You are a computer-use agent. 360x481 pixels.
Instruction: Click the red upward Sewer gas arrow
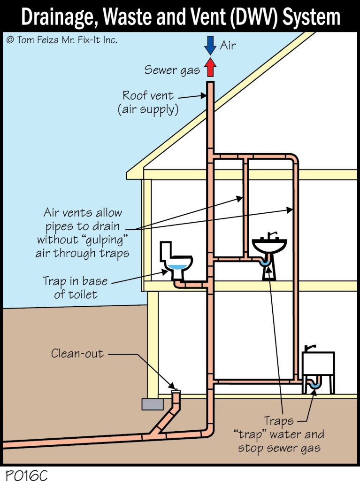coord(210,68)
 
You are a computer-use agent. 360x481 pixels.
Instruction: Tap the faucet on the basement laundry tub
coord(309,347)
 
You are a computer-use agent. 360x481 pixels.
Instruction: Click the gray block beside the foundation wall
coord(152,404)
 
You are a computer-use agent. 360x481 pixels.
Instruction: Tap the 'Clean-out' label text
coord(77,353)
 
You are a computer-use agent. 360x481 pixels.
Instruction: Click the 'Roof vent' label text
coord(148,96)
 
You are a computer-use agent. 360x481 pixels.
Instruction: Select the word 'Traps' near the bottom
coord(278,421)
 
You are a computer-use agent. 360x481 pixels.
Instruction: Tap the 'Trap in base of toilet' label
coord(75,287)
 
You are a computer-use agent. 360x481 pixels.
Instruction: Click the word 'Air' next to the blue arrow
coord(228,46)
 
